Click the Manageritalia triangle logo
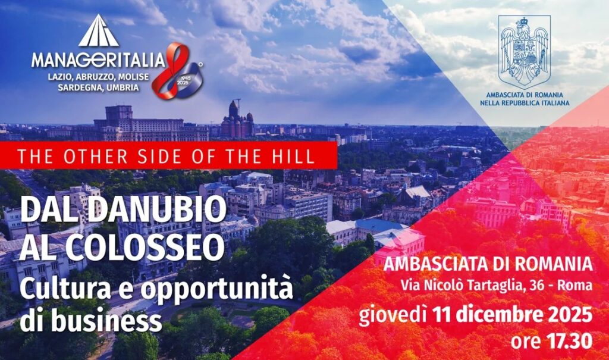[x=99, y=32]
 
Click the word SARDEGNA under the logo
[x=74, y=87]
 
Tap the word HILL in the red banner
[x=296, y=156]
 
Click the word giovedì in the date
[x=393, y=312]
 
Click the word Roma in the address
[x=577, y=285]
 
